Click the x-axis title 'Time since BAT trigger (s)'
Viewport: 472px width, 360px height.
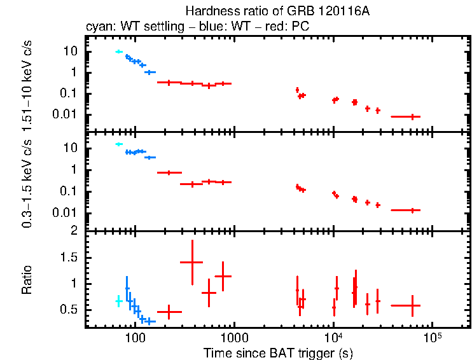tap(278, 352)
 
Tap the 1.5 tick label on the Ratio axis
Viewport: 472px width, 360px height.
tap(72, 258)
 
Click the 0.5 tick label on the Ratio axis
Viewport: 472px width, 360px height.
tap(72, 310)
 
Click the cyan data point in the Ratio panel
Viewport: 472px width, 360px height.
tap(118, 301)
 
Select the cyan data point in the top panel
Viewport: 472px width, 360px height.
tap(118, 52)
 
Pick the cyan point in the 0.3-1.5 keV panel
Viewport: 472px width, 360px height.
tap(118, 144)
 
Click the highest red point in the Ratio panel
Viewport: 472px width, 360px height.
tap(191, 262)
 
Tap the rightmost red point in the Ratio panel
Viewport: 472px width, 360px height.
tap(413, 305)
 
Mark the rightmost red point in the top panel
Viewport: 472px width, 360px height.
tap(413, 116)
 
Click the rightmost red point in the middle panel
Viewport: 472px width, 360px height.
tap(413, 210)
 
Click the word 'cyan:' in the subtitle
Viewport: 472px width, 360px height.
tap(98, 27)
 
